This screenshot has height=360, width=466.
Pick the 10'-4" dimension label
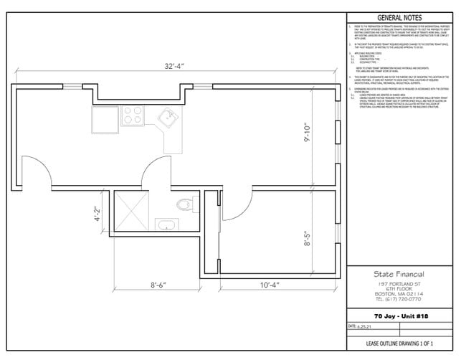point(270,285)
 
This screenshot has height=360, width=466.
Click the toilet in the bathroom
point(186,204)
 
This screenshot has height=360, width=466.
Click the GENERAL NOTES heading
point(399,18)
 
